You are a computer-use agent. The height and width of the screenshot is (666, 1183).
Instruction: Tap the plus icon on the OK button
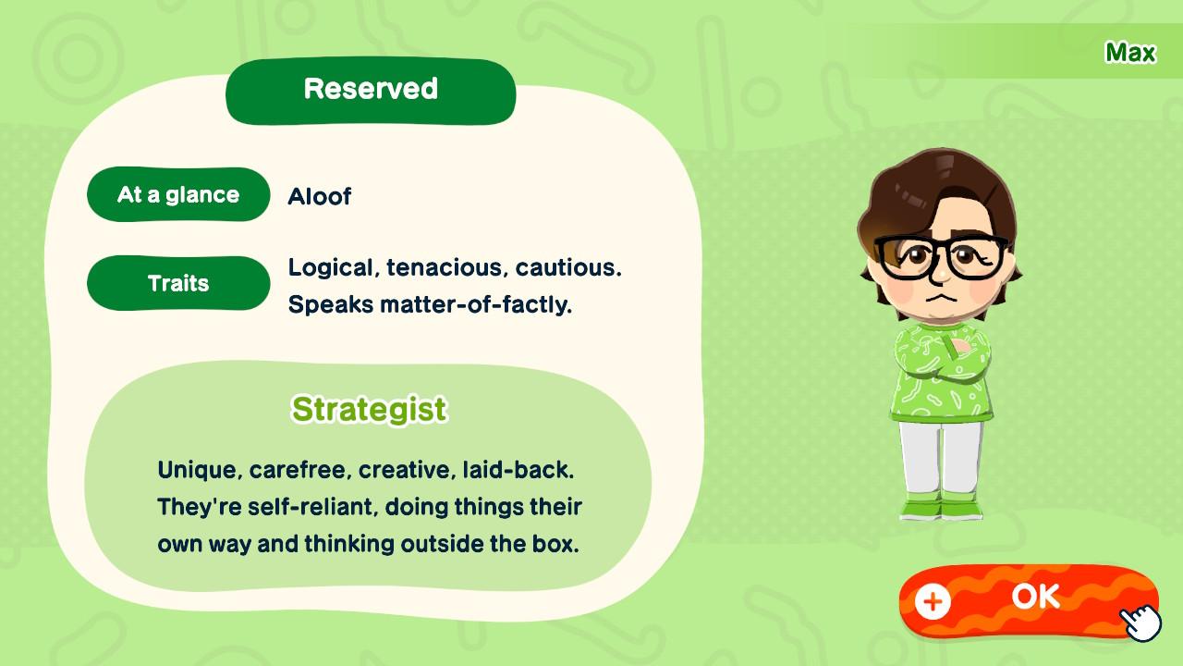tap(933, 602)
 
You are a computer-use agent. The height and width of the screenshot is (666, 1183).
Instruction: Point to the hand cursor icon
tap(1142, 622)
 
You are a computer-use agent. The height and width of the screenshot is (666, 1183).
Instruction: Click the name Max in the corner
tap(1129, 53)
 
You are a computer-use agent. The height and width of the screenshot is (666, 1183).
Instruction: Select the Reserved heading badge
tap(371, 90)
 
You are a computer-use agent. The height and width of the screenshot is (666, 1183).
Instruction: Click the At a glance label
tap(178, 194)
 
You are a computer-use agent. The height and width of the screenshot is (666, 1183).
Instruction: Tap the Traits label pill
tap(178, 283)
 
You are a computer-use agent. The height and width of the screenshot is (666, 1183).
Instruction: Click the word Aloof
tap(319, 196)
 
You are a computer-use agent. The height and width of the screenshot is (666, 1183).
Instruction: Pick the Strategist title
tap(369, 409)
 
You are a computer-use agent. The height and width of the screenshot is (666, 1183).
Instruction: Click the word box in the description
tap(557, 544)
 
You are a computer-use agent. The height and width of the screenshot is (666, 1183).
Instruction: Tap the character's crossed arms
tap(942, 356)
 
